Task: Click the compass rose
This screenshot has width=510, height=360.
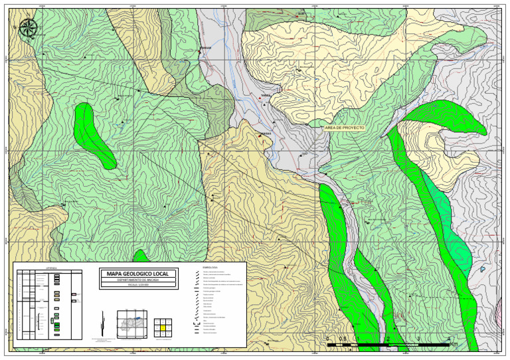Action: coord(29,28)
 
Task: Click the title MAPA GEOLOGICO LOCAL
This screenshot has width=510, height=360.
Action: coord(138,274)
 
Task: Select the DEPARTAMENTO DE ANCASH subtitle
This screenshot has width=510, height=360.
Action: coord(138,281)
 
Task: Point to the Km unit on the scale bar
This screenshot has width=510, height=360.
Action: coord(453,344)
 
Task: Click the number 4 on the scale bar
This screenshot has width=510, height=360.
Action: coord(450,339)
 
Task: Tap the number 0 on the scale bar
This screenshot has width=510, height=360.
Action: coord(328,339)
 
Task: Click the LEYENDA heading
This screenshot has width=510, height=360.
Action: coord(51,267)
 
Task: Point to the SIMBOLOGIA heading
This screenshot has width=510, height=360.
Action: coord(209,267)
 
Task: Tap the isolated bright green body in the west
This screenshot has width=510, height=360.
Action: coord(96,134)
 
